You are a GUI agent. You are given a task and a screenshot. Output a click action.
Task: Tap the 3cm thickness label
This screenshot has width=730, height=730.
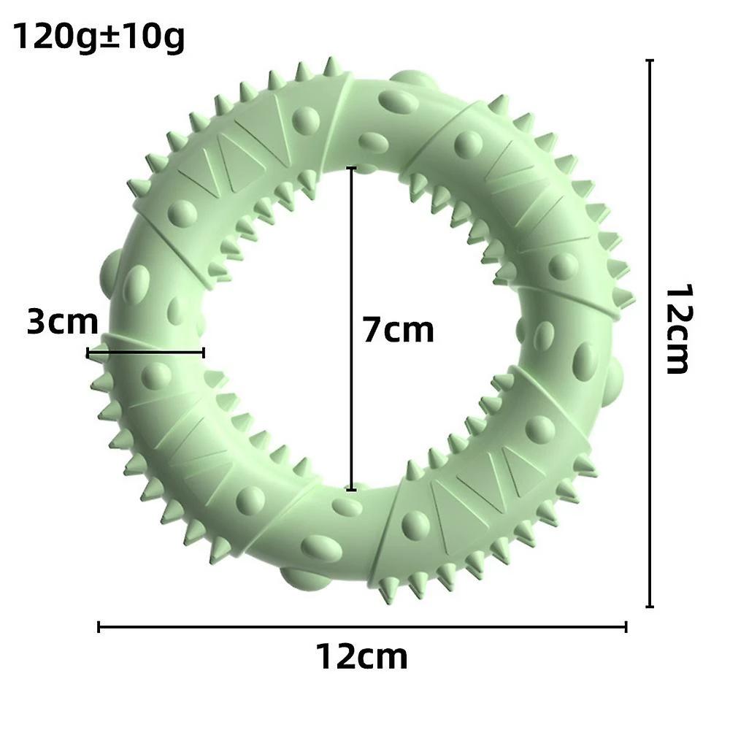(62, 322)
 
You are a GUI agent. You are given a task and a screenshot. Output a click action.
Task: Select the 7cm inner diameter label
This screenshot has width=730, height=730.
(399, 330)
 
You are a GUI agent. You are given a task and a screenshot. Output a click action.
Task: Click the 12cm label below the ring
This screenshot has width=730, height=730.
(362, 656)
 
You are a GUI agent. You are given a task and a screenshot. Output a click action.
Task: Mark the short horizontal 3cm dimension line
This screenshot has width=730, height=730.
(146, 353)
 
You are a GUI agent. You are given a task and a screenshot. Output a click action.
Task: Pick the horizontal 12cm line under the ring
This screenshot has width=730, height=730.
(363, 626)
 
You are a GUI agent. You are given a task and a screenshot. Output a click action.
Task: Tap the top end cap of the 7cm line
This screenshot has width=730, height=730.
(352, 169)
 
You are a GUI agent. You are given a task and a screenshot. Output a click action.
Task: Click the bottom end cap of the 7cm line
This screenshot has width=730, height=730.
(352, 489)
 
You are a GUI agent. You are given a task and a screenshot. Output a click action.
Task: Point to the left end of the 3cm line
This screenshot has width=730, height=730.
(88, 353)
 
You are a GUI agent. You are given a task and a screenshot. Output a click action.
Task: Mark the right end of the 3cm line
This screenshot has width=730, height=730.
(204, 353)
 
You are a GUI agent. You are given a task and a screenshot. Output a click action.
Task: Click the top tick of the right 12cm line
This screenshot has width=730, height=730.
(650, 61)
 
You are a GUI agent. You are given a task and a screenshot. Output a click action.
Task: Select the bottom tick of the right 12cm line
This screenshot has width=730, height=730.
(650, 606)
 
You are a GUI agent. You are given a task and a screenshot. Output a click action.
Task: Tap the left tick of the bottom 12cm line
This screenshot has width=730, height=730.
(99, 626)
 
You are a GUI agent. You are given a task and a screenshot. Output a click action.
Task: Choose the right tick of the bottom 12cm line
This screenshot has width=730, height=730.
(626, 626)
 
